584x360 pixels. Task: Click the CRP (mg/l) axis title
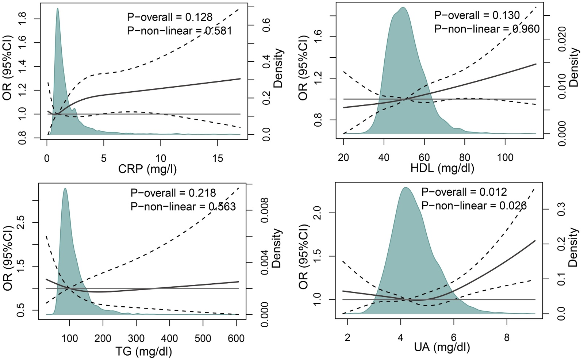pyautogui.click(x=147, y=169)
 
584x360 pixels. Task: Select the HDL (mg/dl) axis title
pyautogui.click(x=442, y=168)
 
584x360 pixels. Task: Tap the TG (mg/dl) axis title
pyautogui.click(x=143, y=351)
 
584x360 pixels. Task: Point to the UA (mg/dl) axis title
pyautogui.click(x=442, y=347)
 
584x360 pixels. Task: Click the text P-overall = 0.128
pyautogui.click(x=170, y=17)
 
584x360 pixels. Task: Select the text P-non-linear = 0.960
pyautogui.click(x=487, y=29)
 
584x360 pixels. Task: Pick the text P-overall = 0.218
pyautogui.click(x=173, y=193)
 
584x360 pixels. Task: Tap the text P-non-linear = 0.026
pyautogui.click(x=474, y=206)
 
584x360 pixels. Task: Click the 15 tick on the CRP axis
pyautogui.click(x=218, y=158)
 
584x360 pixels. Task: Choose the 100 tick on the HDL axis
pyautogui.click(x=505, y=158)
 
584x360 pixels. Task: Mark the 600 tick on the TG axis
pyautogui.click(x=236, y=338)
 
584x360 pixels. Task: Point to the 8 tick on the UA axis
pyautogui.click(x=507, y=338)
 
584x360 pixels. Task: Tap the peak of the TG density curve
pyautogui.click(x=65, y=188)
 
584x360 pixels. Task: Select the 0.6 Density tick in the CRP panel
pyautogui.click(x=267, y=25)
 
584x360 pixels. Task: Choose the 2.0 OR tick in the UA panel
pyautogui.click(x=318, y=212)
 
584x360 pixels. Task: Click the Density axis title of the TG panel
pyautogui.click(x=277, y=248)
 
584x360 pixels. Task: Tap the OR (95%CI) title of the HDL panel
pyautogui.click(x=303, y=68)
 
